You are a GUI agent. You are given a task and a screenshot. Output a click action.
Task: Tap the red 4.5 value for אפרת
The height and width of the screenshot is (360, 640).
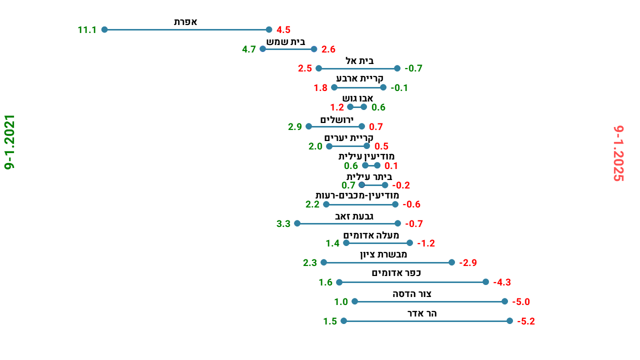[283, 30]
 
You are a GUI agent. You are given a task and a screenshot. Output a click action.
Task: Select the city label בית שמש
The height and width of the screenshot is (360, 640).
[285, 42]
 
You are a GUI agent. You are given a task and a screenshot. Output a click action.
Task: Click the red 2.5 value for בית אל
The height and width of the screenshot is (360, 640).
[305, 68]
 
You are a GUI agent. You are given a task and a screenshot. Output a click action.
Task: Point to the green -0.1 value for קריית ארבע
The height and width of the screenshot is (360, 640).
[399, 88]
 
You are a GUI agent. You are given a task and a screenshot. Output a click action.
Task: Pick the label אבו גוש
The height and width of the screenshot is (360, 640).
[357, 98]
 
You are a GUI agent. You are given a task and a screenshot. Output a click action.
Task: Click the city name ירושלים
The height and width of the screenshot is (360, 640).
[336, 119]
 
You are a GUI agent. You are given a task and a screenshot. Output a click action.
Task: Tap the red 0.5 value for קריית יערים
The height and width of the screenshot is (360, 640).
[381, 146]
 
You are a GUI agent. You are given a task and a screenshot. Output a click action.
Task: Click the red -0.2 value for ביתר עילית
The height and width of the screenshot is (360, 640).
[401, 185]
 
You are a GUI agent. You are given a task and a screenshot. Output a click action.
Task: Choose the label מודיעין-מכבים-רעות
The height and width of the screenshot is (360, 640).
[357, 195]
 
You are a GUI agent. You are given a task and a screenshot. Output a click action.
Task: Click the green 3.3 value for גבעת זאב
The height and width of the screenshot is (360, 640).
[283, 224]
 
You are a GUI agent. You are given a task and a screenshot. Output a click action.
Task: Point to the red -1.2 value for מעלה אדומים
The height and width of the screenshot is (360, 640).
[426, 243]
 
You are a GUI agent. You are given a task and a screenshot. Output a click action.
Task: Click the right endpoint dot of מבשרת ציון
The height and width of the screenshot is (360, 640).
[452, 262]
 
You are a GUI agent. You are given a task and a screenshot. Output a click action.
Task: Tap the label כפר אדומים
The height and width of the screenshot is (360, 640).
[396, 273]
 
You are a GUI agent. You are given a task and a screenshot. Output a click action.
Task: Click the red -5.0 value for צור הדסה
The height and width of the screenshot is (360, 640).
[520, 302]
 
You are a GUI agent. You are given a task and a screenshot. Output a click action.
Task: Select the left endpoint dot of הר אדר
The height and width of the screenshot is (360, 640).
[343, 321]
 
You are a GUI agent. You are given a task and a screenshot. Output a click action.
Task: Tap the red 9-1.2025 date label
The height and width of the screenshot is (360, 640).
[619, 153]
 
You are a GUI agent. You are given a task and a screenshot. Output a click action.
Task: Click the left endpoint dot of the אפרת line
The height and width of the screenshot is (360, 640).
[104, 29]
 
